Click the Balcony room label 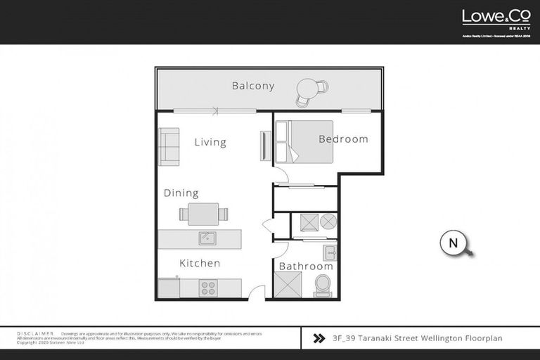pos(252,86)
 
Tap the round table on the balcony pos(307,89)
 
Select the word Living pos(210,143)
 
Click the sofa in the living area pos(168,147)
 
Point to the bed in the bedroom pos(295,142)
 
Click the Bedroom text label pos(343,139)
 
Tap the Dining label pos(181,193)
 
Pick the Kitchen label pos(200,264)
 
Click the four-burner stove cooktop pos(208,288)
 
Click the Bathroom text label pos(306,266)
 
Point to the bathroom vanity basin pos(329,252)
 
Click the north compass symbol pos(454,243)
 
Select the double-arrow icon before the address pos(318,338)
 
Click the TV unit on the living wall pos(265,146)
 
